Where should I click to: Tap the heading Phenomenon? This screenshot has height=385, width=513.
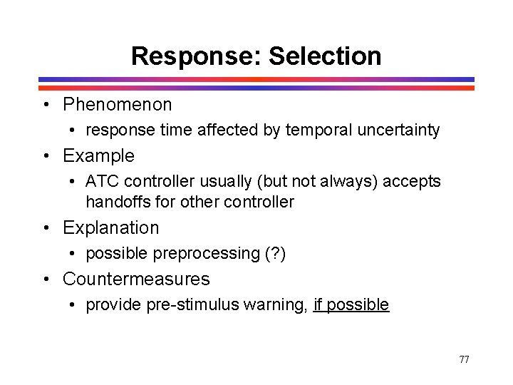tap(117, 105)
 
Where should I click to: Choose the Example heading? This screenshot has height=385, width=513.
tap(98, 155)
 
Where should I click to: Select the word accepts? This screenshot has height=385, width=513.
tap(412, 182)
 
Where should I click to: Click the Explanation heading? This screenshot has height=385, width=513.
tap(110, 227)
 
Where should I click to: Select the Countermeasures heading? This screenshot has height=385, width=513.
tap(136, 279)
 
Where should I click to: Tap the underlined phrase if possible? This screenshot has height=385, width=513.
tap(351, 305)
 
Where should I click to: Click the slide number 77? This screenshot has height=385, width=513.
tap(464, 359)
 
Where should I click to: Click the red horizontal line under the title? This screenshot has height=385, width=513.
tap(256, 88)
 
